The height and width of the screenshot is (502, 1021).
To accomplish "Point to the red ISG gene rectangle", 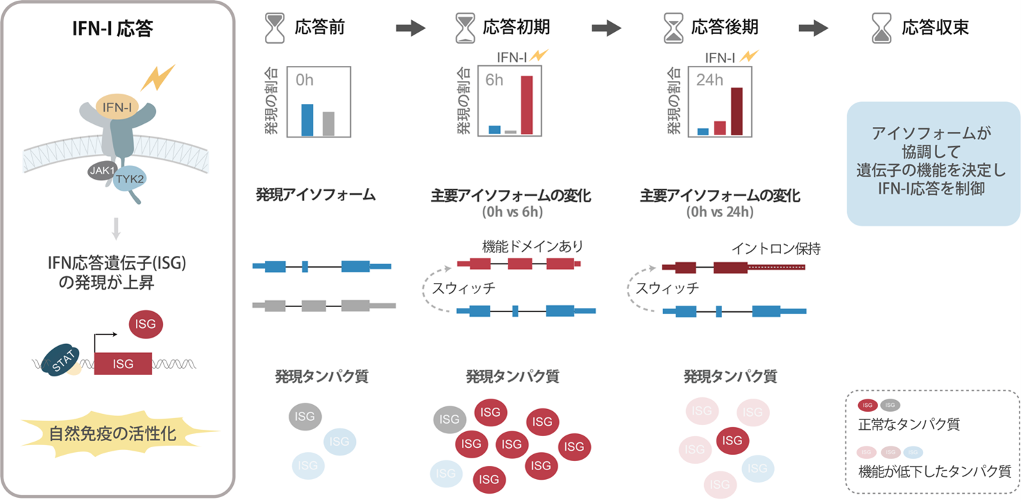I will click(x=123, y=363).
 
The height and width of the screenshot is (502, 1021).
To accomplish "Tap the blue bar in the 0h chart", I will click(x=307, y=119).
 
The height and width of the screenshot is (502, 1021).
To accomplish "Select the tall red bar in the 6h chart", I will click(x=527, y=104).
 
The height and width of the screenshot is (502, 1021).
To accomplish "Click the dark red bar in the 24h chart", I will click(x=737, y=111).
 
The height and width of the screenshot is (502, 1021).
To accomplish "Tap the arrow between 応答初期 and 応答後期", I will click(x=607, y=28).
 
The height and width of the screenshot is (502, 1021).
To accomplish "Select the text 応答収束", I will click(x=935, y=28).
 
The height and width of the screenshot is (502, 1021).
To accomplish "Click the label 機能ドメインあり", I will click(x=533, y=246).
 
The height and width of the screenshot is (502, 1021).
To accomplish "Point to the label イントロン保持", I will click(x=775, y=248).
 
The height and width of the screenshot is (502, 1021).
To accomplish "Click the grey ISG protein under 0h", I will click(x=305, y=416).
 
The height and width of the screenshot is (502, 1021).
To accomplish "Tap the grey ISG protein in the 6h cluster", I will click(x=449, y=419).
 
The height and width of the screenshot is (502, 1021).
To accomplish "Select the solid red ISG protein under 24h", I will click(x=732, y=440).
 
